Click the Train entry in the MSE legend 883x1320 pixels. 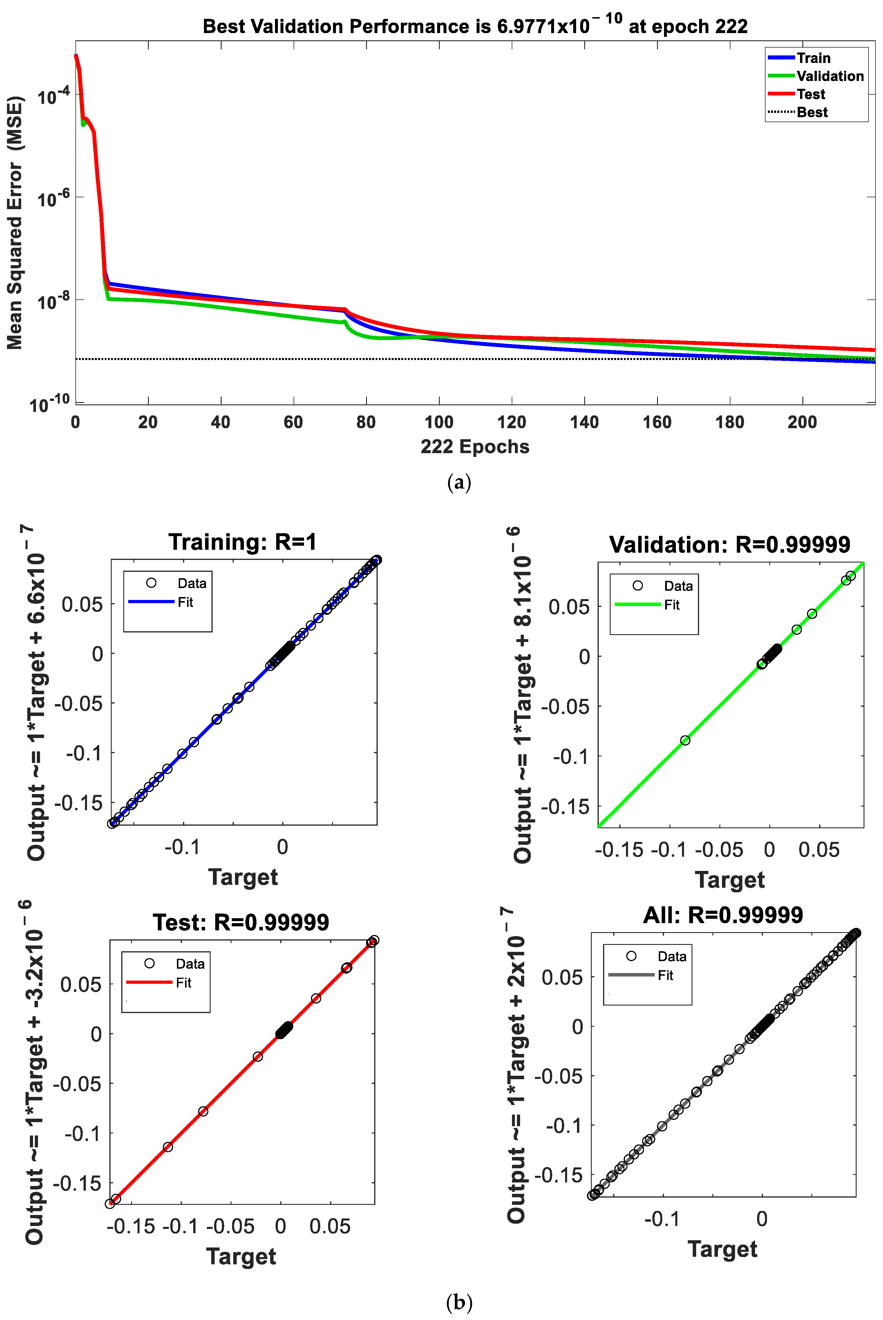[813, 58]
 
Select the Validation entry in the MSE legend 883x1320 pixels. [829, 76]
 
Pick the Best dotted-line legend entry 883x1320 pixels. [811, 112]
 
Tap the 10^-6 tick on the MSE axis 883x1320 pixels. [53, 198]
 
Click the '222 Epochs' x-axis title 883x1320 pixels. [475, 446]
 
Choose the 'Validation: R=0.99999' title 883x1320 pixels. [729, 545]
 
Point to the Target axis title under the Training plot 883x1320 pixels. [243, 877]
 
